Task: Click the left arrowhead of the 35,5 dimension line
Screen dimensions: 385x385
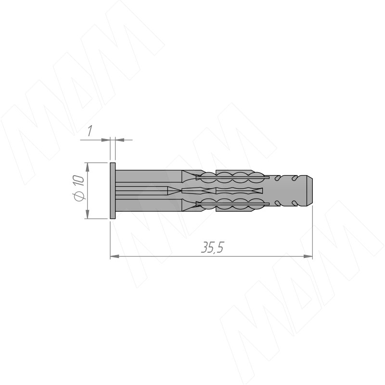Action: point(115,257)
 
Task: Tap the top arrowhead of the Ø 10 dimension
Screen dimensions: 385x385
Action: point(87,167)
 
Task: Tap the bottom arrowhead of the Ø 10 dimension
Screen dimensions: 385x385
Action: point(87,215)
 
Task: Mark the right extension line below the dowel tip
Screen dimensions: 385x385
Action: point(313,231)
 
